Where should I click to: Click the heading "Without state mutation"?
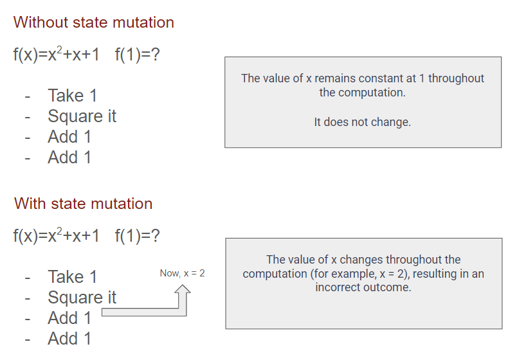94,22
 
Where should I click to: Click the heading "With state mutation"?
83,204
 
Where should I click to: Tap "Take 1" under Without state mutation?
73,95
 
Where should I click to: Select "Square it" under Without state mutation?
82,116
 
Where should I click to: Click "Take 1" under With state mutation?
73,276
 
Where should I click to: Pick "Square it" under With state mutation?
82,298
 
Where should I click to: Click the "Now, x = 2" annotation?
182,273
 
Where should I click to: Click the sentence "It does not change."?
362,122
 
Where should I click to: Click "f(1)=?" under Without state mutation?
137,55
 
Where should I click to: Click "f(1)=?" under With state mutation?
137,236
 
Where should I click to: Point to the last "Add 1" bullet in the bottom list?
69,339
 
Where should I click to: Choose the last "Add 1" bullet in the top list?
69,157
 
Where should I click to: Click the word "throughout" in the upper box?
456,78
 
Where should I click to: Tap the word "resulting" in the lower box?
435,274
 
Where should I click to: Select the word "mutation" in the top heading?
143,22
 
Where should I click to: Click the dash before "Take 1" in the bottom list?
28,278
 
